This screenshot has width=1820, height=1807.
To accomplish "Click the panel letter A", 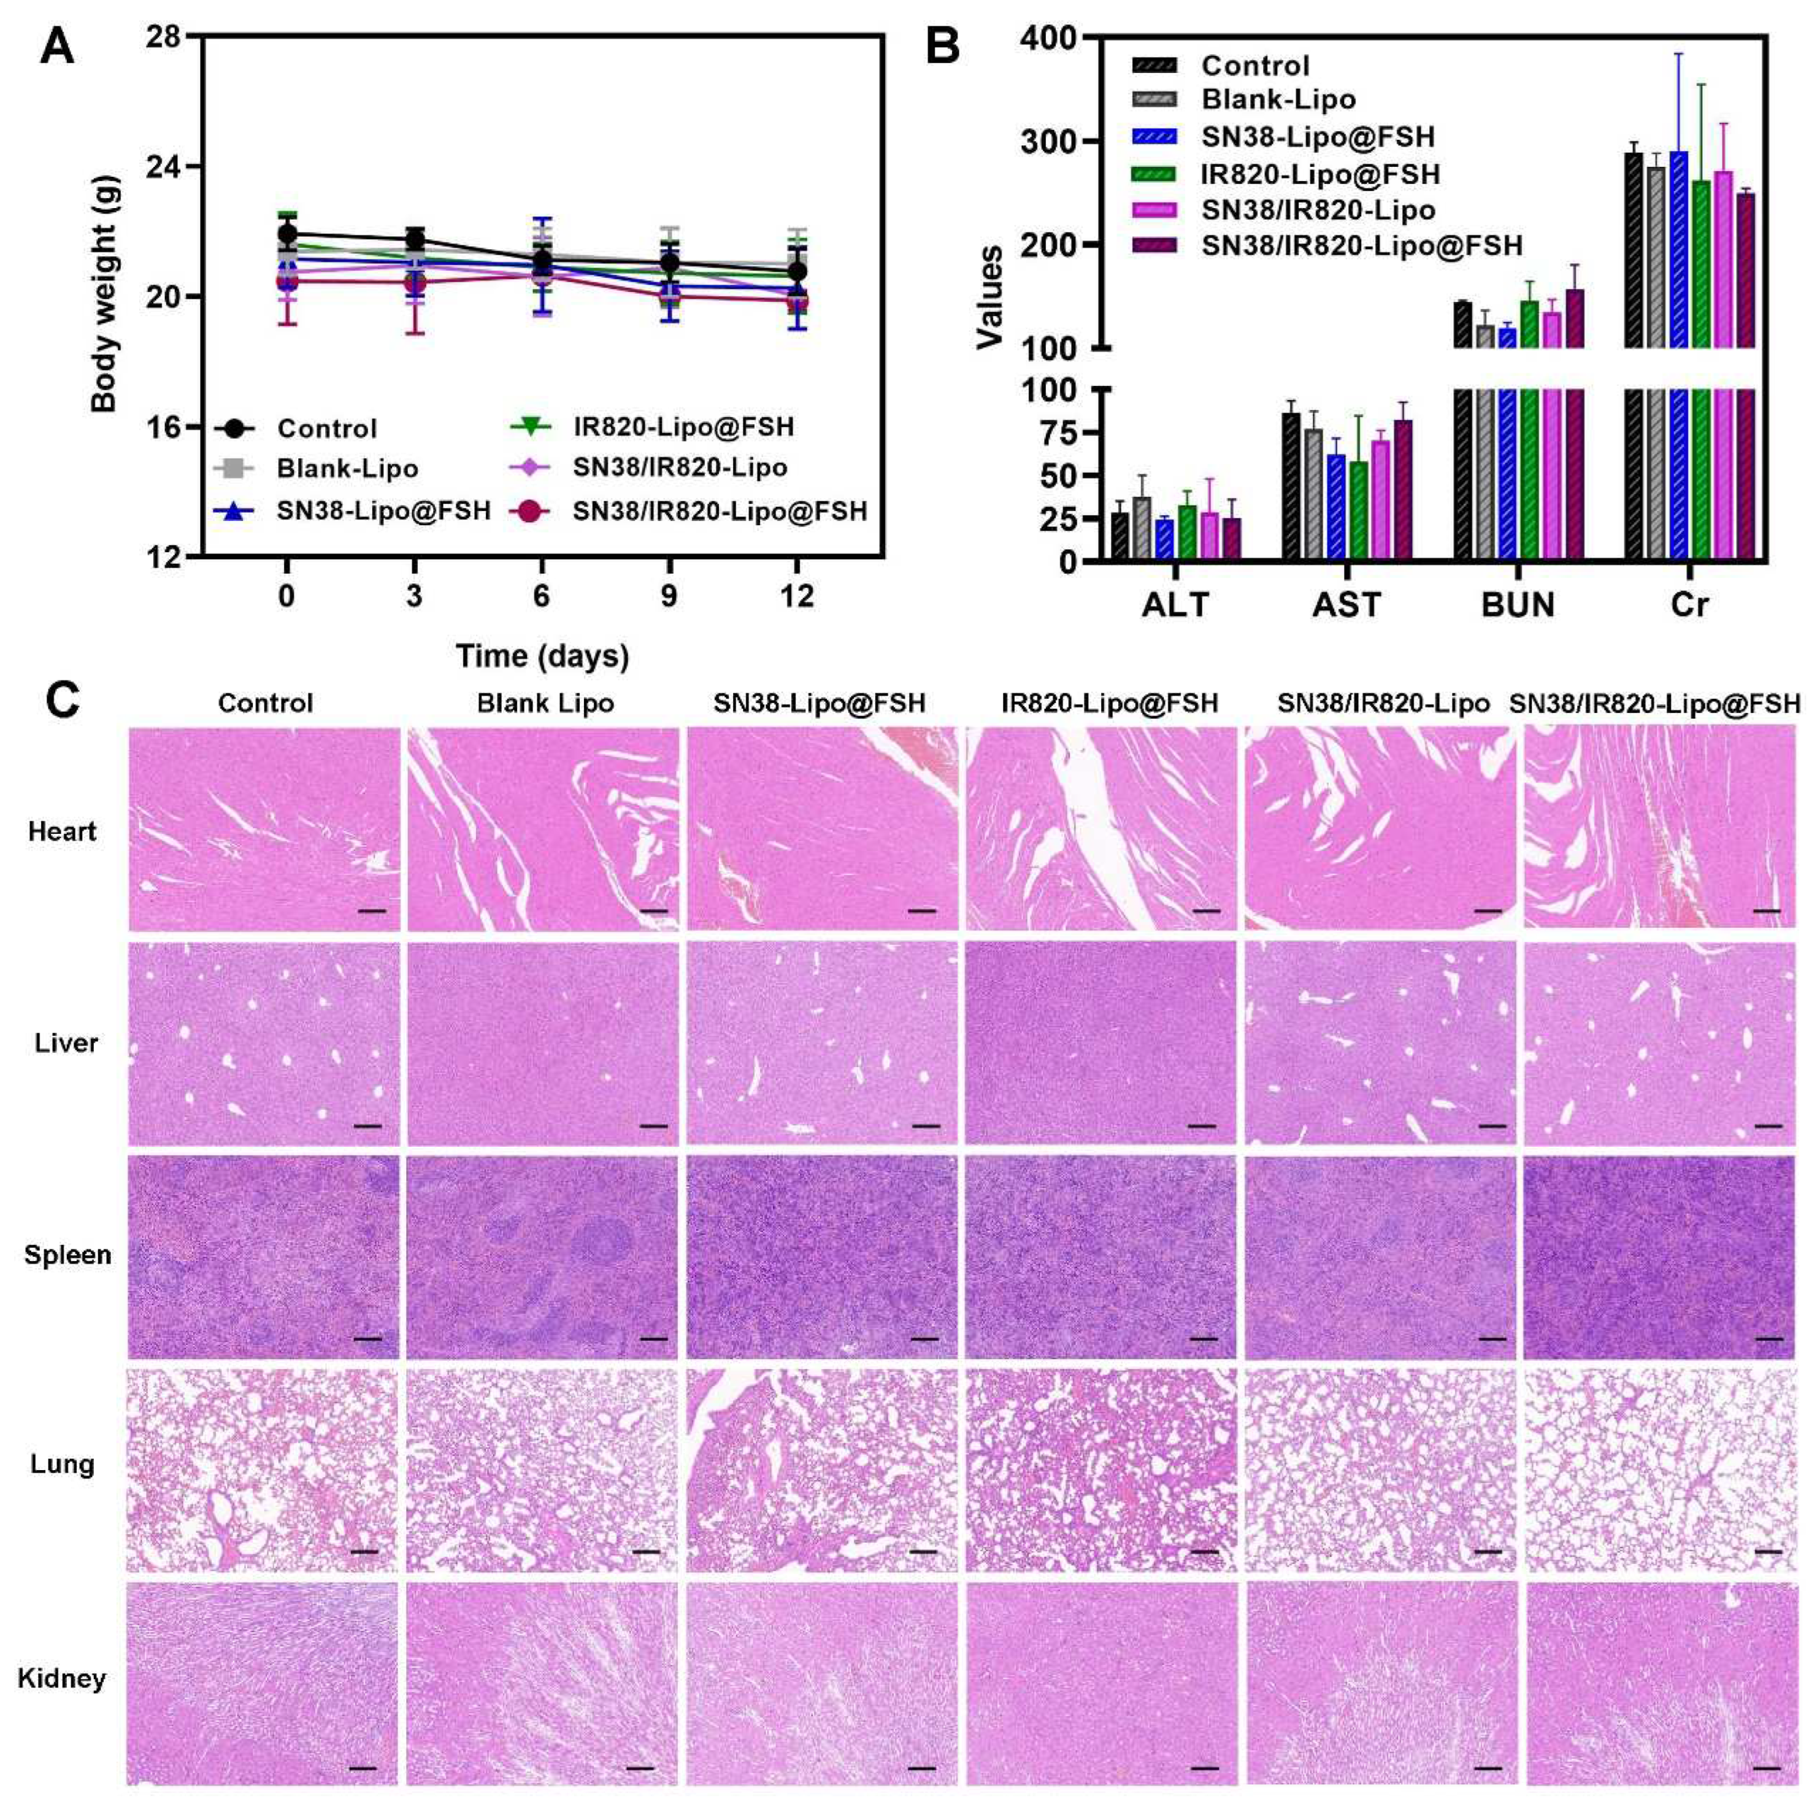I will point(56,47).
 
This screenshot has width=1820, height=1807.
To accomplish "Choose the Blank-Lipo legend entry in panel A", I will point(347,468).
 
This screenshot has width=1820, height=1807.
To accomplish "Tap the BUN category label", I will point(1518,604).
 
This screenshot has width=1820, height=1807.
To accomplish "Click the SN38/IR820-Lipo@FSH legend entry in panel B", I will point(1361,246).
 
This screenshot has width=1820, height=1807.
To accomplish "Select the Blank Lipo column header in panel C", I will point(545,703).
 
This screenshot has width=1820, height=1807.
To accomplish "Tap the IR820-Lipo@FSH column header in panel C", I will point(1109,703).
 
